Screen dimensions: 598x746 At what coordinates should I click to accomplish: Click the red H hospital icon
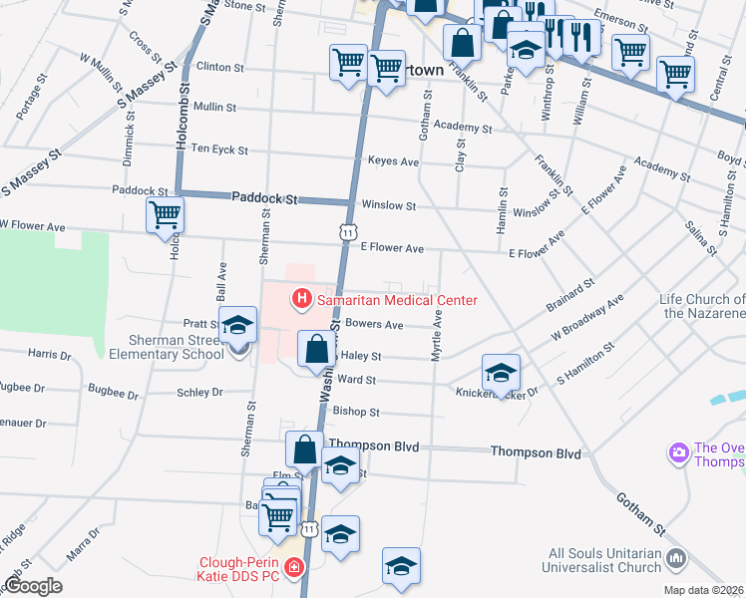pos(300,299)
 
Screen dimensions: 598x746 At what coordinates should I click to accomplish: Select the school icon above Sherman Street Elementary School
pos(238,325)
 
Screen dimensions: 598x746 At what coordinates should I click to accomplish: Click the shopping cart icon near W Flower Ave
pos(165,215)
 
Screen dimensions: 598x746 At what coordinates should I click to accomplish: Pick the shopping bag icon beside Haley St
pos(316,350)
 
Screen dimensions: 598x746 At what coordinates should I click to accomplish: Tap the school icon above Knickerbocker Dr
pos(501,374)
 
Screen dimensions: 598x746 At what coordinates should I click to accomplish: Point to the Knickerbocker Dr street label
pos(497,392)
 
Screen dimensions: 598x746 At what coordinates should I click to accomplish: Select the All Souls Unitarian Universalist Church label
pos(604,559)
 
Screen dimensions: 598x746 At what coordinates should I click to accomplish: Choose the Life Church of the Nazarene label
pos(702,306)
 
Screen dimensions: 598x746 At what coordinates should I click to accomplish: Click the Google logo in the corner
pos(33,586)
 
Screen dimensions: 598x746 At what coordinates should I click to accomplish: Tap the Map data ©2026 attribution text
pos(703,590)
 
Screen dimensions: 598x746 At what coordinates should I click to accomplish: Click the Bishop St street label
pos(356,412)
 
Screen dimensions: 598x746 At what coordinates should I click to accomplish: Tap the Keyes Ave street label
pos(393,160)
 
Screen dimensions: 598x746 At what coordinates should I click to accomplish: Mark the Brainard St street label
pos(570,296)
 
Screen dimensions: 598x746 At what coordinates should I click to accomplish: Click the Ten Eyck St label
pos(218,149)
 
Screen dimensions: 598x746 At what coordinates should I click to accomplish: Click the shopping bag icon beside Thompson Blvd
pos(305,450)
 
